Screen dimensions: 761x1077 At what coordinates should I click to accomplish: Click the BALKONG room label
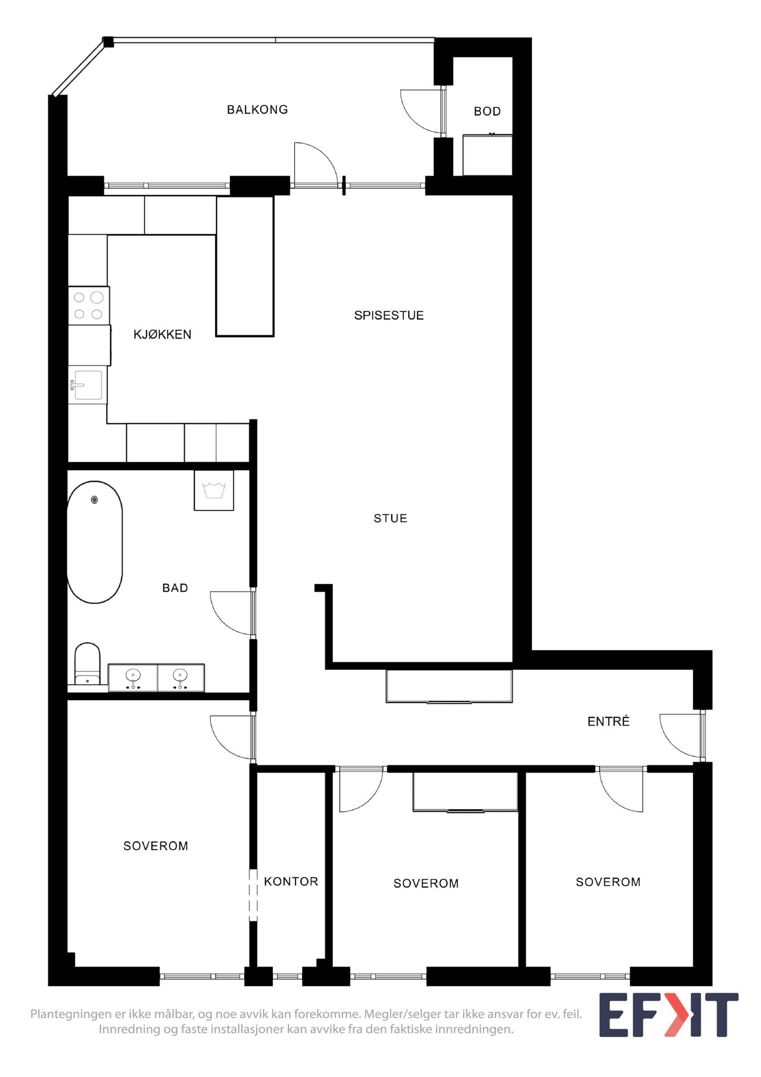[x=258, y=110]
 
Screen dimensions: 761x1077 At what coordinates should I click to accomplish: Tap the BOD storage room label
[x=487, y=112]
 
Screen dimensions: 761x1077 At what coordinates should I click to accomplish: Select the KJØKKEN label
[x=162, y=334]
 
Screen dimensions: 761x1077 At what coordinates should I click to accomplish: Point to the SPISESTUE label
[x=389, y=315]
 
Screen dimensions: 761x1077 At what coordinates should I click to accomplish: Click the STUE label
[x=390, y=518]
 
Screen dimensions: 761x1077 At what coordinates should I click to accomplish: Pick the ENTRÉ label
[x=608, y=721]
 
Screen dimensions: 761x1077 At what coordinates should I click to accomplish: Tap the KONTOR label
[x=291, y=882]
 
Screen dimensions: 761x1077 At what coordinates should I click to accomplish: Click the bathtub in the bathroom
[x=95, y=542]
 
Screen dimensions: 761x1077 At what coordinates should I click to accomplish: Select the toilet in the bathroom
[x=87, y=664]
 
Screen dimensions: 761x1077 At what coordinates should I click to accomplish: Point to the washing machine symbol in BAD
[x=214, y=490]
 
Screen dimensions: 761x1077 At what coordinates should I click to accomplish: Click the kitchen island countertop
[x=245, y=267]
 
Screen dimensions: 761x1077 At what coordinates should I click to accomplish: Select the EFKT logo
[x=669, y=1016]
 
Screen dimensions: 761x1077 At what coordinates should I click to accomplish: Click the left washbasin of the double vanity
[x=133, y=677]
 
